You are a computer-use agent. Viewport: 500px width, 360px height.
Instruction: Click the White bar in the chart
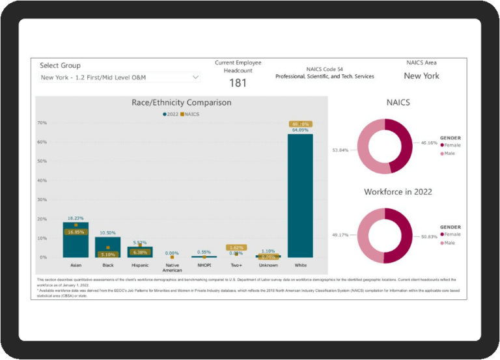pos(300,195)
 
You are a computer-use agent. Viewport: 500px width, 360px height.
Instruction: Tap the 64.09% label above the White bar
pos(300,130)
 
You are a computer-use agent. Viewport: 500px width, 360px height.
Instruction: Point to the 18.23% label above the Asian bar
pos(76,218)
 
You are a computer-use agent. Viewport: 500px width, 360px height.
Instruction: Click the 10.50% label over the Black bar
pos(107,232)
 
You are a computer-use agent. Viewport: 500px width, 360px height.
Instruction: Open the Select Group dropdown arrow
pos(195,77)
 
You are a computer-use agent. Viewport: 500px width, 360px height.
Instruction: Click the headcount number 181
pos(238,83)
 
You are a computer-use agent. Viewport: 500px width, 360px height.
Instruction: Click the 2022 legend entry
pos(171,114)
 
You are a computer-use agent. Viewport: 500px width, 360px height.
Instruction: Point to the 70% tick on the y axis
pos(42,122)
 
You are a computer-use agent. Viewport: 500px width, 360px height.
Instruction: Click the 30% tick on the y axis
pos(42,200)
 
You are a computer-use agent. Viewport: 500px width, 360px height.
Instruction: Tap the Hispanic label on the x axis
pos(139,266)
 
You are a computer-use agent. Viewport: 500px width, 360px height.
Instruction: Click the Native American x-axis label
pos(172,268)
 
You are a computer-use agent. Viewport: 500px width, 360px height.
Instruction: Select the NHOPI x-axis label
pos(204,266)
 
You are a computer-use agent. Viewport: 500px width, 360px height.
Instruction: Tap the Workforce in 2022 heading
pos(398,192)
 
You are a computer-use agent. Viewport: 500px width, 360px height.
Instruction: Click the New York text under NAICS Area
pos(421,76)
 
